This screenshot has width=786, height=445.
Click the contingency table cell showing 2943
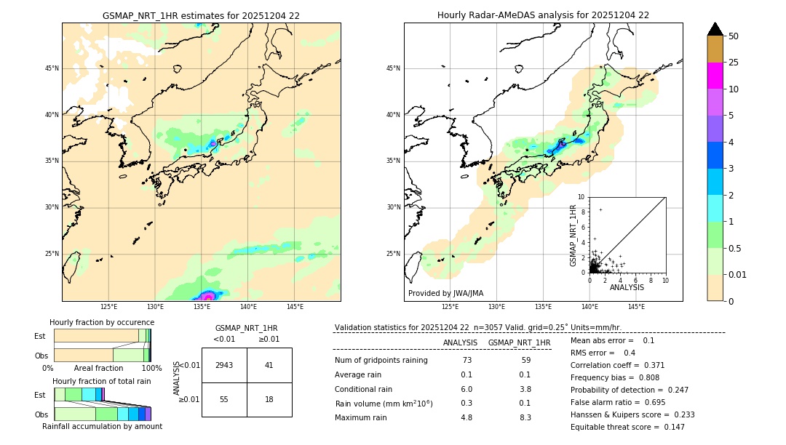tap(224, 365)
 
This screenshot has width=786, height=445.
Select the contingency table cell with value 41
tap(269, 365)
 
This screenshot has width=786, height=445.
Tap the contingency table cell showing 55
tap(224, 400)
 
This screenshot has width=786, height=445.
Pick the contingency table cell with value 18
tap(269, 400)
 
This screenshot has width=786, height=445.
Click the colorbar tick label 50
tap(734, 36)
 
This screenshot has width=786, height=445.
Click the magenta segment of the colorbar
tap(715, 76)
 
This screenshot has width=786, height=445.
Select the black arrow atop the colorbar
tap(715, 28)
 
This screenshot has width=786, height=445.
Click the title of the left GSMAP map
tap(201, 15)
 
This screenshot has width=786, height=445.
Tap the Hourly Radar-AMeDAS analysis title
tap(543, 15)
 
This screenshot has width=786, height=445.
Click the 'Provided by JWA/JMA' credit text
tap(445, 293)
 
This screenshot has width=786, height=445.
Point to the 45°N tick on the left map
tap(52, 68)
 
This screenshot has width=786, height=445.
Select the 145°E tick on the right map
tap(636, 307)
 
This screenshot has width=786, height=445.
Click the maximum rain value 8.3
tap(525, 417)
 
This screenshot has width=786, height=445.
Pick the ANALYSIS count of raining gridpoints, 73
tap(467, 361)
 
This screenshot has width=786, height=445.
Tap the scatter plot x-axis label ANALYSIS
tap(627, 287)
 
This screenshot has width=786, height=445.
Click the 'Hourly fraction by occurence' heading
tap(102, 322)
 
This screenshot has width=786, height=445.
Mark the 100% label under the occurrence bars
tap(151, 369)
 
